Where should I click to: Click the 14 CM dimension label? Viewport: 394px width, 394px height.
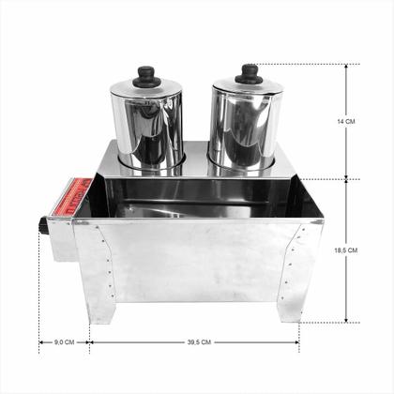pyautogui.click(x=346, y=121)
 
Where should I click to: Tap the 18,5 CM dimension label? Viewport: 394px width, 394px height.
pyautogui.click(x=346, y=250)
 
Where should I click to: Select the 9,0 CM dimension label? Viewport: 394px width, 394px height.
pyautogui.click(x=65, y=342)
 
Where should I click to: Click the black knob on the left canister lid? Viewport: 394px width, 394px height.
pyautogui.click(x=146, y=77)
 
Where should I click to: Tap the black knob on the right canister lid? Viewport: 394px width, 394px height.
pyautogui.click(x=249, y=74)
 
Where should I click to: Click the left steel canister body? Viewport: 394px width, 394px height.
pyautogui.click(x=147, y=129)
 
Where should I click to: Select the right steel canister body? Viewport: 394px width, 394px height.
pyautogui.click(x=244, y=125)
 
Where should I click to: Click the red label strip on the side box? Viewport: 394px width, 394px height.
pyautogui.click(x=71, y=197)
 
